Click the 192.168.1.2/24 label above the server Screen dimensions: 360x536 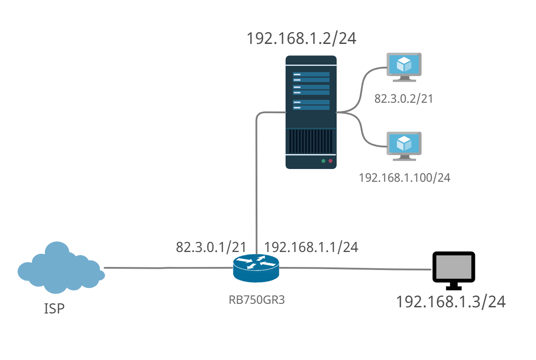301,38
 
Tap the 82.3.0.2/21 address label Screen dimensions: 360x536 403,99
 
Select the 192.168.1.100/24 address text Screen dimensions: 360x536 405,178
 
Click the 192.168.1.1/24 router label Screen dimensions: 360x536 311,247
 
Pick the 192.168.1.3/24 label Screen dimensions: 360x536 451,302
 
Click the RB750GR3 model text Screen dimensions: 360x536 257,300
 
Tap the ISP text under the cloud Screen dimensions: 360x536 54,309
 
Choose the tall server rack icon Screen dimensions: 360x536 311,112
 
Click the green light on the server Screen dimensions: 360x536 323,161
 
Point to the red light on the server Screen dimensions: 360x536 330,161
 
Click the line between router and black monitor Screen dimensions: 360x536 351,268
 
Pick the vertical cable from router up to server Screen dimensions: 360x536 256,176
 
